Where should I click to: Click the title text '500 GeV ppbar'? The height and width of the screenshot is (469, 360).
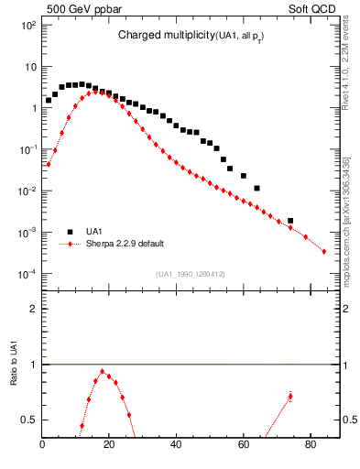tap(75, 8)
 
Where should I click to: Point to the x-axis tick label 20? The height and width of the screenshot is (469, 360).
tap(110, 446)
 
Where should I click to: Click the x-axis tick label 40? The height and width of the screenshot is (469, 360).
tap(177, 446)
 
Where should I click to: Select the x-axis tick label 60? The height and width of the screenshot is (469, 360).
tap(244, 446)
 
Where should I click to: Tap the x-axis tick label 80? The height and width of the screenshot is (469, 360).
tap(311, 446)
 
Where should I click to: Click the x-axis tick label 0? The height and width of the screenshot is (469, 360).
tap(43, 446)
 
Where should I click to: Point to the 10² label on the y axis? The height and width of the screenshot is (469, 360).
tap(27, 25)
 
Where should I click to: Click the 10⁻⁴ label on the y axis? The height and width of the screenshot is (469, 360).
tap(27, 274)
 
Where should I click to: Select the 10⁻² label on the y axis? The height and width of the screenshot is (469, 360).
tap(27, 191)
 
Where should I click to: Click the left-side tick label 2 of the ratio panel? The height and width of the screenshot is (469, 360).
tap(32, 309)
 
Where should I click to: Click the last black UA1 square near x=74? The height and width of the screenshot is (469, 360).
tap(290, 221)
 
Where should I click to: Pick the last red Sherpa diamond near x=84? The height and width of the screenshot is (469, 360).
tap(323, 251)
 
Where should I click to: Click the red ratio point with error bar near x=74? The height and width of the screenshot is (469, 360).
tap(290, 397)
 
